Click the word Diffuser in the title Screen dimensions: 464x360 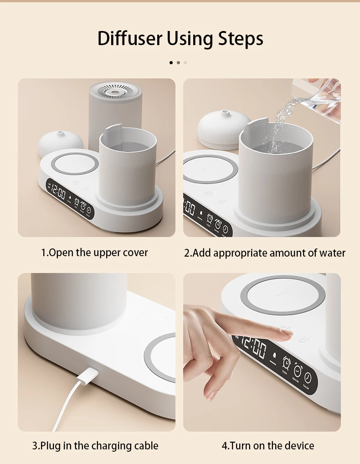click(130, 39)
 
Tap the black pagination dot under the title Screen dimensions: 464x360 click(171, 62)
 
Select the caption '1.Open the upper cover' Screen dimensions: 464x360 click(95, 253)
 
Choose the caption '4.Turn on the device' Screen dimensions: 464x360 click(268, 445)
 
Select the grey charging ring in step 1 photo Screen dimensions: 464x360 click(74, 164)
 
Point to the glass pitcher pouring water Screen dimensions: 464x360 click(317, 98)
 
